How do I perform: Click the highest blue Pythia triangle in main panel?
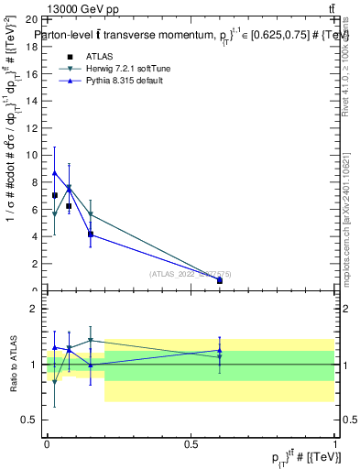(x=55, y=172)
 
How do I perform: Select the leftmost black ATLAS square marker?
(x=55, y=195)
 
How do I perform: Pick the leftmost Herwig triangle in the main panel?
(x=55, y=214)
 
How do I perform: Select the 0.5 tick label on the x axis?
(x=191, y=443)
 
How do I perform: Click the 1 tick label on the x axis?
(x=334, y=443)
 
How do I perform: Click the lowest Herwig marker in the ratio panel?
(x=55, y=380)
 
